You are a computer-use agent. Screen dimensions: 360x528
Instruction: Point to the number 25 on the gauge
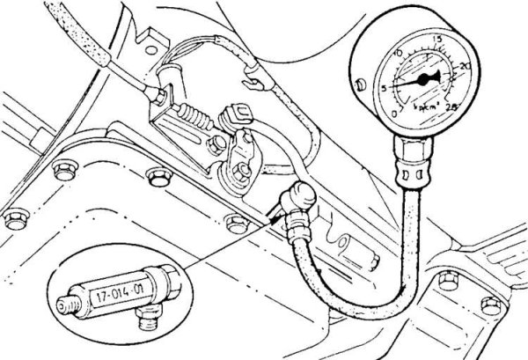(454, 107)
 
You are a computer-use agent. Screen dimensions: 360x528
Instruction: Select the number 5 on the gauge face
(383, 86)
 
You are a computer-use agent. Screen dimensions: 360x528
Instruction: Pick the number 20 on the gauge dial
(464, 66)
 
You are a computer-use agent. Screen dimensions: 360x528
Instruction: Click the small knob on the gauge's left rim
(363, 84)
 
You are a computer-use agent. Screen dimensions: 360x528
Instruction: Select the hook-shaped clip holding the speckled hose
(258, 81)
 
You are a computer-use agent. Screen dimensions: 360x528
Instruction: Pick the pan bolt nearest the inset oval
(235, 222)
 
